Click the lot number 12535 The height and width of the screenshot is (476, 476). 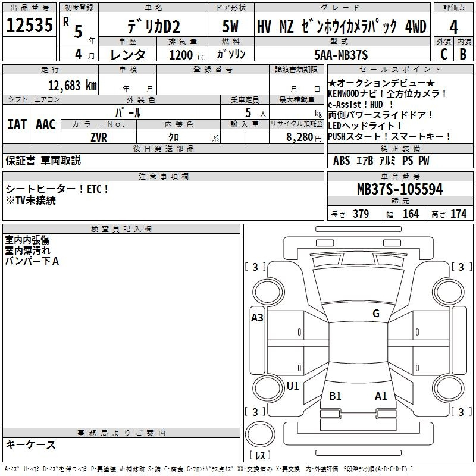click(29, 25)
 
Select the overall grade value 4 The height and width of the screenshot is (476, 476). click(453, 27)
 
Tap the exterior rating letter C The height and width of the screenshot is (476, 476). click(444, 54)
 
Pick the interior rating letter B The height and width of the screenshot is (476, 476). click(463, 54)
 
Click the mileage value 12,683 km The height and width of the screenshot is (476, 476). click(73, 86)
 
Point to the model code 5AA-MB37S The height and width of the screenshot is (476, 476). click(341, 55)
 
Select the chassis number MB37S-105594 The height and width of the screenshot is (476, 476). click(400, 189)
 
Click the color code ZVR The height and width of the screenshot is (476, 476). click(99, 137)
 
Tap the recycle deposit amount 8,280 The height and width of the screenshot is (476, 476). click(300, 137)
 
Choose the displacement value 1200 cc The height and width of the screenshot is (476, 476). click(187, 55)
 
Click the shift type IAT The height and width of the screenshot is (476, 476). click(17, 124)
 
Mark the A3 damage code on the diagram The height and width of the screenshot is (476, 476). click(257, 318)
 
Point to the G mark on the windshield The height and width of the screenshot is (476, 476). click(376, 314)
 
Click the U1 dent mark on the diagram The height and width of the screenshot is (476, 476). click(293, 386)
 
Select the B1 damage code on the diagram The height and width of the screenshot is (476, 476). click(335, 396)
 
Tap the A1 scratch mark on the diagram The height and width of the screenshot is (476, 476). click(381, 396)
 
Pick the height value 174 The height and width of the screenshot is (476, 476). click(458, 214)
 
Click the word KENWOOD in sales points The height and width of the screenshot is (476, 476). click(343, 93)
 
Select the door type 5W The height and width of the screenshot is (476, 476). click(230, 26)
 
